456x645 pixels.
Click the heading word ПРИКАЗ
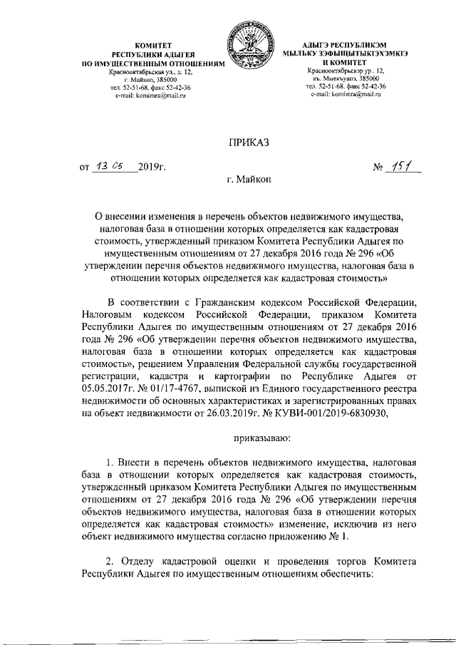[249, 144]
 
